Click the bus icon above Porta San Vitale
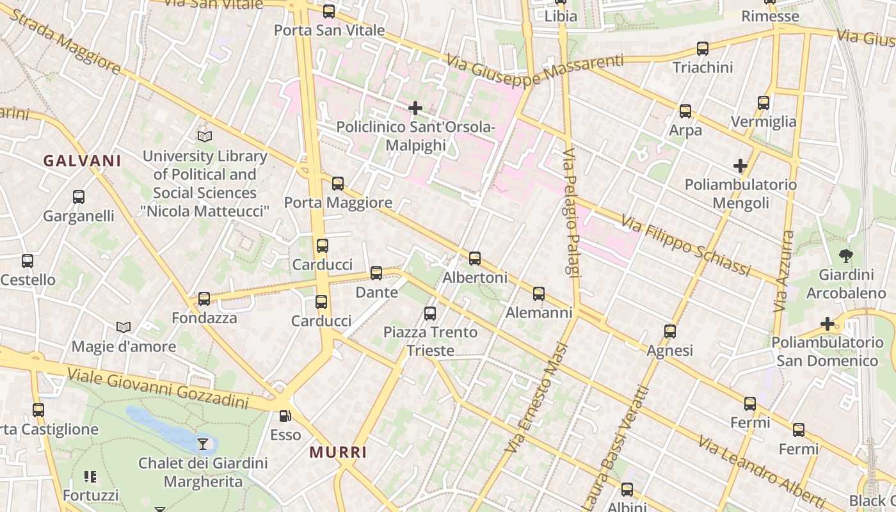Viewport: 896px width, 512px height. pyautogui.click(x=329, y=11)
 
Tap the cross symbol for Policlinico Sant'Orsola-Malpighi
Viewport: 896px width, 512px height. pyautogui.click(x=415, y=108)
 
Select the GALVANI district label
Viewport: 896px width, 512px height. pyautogui.click(x=82, y=161)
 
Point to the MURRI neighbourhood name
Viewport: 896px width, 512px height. pyautogui.click(x=339, y=452)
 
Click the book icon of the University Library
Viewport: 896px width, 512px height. pyautogui.click(x=205, y=136)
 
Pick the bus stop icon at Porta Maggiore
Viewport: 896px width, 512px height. pyautogui.click(x=338, y=184)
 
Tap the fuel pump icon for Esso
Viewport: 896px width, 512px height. pyautogui.click(x=285, y=416)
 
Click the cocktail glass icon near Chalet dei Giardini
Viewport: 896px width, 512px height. pyautogui.click(x=203, y=444)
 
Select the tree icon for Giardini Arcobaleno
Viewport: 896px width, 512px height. pyautogui.click(x=845, y=256)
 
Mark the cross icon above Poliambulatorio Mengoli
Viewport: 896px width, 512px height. pyautogui.click(x=740, y=166)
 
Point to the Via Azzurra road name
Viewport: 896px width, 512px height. pyautogui.click(x=784, y=271)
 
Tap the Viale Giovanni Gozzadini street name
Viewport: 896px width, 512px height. pyautogui.click(x=157, y=388)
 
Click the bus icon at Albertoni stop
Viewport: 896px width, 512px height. pyautogui.click(x=475, y=259)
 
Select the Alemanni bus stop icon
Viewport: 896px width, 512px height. pyautogui.click(x=539, y=294)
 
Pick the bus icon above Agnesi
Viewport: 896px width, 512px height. pyautogui.click(x=670, y=332)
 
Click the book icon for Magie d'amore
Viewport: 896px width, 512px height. pyautogui.click(x=124, y=328)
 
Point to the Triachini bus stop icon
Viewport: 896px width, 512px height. pyautogui.click(x=703, y=49)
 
